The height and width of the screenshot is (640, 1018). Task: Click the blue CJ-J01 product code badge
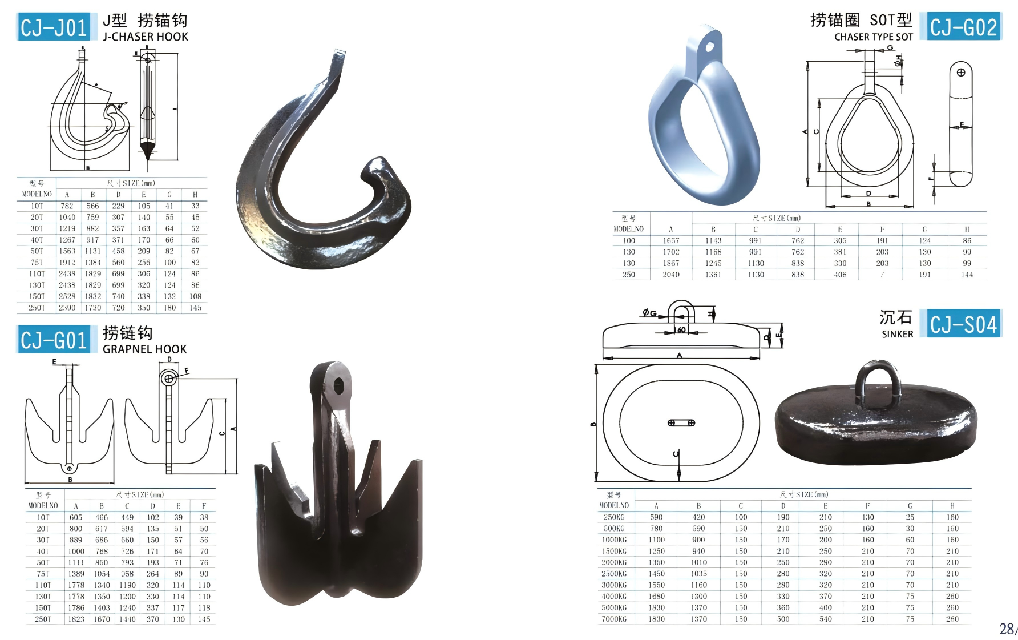[53, 27]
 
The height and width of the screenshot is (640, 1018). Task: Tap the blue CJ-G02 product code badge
[963, 27]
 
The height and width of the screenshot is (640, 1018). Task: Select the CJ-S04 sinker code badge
[963, 324]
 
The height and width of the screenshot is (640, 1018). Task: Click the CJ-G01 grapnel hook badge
[53, 340]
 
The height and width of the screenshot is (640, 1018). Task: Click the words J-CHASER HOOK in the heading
[145, 37]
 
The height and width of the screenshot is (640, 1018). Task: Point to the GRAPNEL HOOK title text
[144, 349]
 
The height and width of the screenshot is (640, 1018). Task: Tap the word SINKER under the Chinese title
[897, 334]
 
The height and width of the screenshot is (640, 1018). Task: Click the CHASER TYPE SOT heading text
[873, 37]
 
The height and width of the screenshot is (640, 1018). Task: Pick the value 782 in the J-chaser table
[67, 206]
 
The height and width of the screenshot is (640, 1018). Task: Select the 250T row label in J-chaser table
[37, 308]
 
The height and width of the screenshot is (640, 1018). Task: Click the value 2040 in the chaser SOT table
[671, 275]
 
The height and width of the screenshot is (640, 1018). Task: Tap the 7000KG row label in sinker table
[614, 619]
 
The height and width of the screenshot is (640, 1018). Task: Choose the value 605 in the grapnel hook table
[76, 517]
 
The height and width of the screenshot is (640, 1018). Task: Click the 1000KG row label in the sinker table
[614, 540]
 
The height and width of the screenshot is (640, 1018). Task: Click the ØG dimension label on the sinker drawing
[649, 313]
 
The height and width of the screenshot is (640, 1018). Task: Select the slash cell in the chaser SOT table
[882, 275]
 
